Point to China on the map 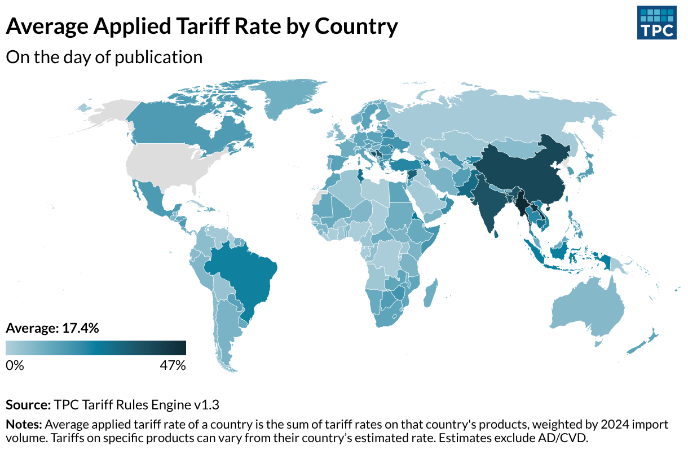tap(524, 169)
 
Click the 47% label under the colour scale tap(173, 365)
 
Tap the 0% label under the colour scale tap(15, 365)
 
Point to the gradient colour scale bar tap(96, 348)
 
